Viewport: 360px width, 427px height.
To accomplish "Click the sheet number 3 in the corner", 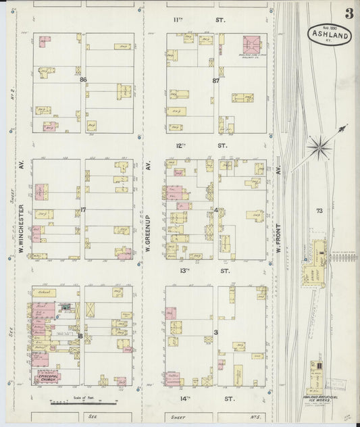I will pos(349,13).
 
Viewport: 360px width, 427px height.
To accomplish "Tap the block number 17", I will pos(82,210).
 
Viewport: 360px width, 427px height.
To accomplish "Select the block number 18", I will pos(80,336).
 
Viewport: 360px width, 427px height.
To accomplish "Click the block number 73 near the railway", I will pos(319,211).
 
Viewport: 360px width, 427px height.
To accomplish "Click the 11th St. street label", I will pos(198,20).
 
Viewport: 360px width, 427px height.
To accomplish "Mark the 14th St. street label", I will pos(198,399).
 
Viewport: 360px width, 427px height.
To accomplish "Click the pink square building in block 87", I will pos(251,44).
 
